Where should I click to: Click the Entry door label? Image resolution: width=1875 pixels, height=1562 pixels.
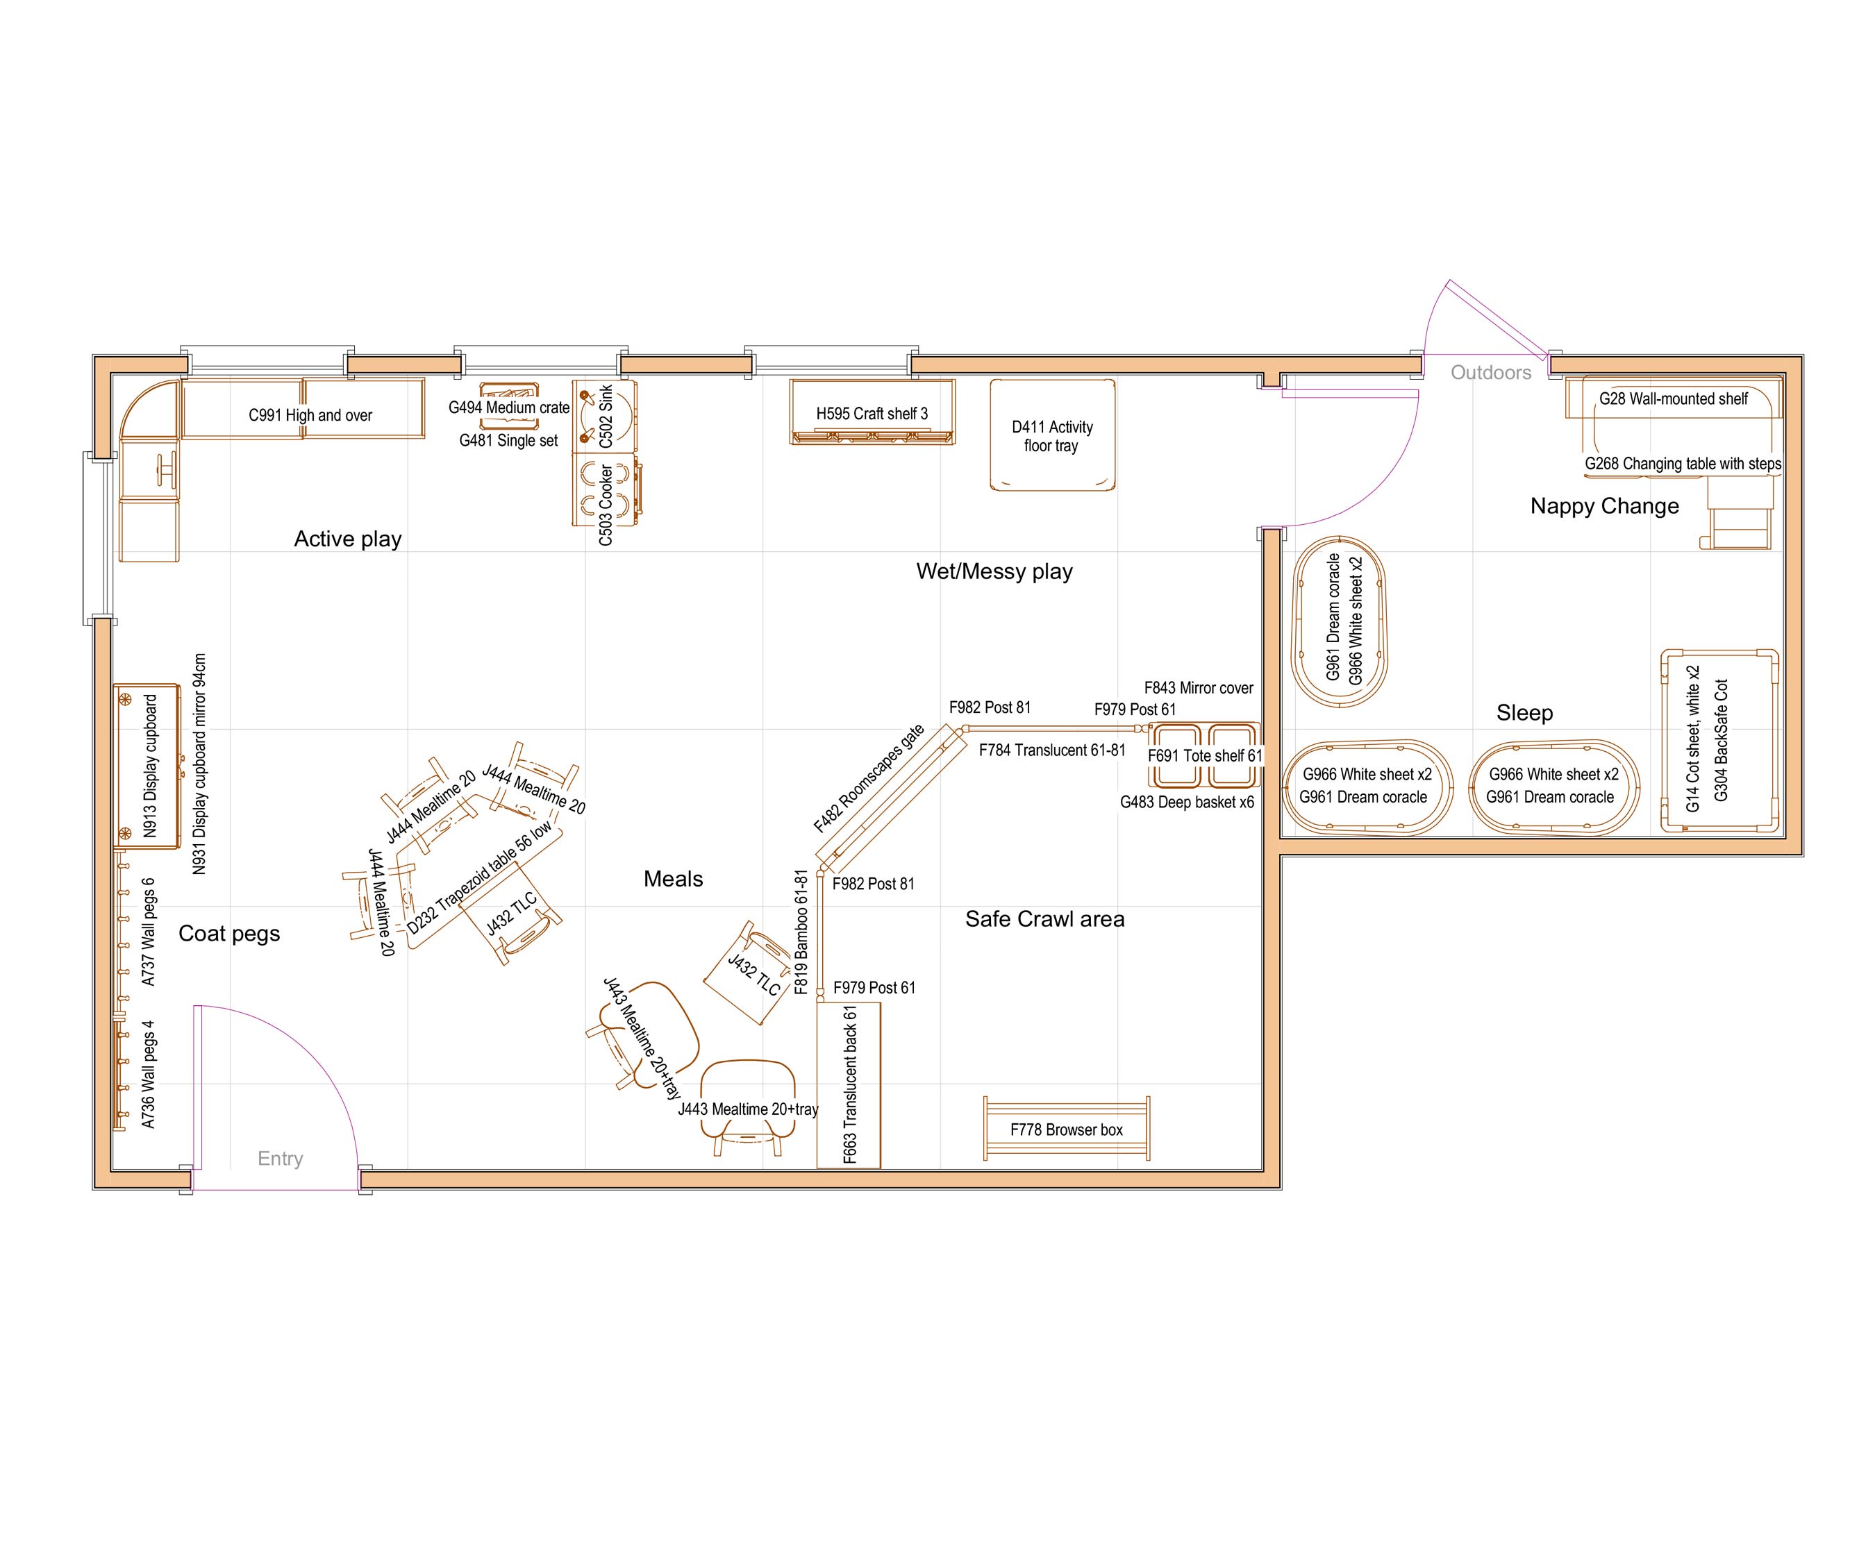[x=281, y=1159]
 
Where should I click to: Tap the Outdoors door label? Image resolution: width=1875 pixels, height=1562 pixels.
[x=1490, y=372]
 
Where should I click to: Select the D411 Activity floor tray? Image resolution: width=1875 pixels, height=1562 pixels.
[x=1052, y=435]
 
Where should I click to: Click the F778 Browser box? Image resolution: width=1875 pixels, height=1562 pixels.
[x=1066, y=1129]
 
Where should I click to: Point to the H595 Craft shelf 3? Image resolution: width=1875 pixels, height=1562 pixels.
[x=872, y=412]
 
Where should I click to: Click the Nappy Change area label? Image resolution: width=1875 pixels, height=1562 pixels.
[x=1604, y=506]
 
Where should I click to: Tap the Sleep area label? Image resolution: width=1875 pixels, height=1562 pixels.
[x=1524, y=712]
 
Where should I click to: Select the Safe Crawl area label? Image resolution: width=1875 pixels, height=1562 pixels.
[x=1044, y=918]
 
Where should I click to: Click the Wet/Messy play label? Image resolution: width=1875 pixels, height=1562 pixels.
[x=994, y=571]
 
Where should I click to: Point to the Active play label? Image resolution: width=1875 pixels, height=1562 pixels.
[x=347, y=539]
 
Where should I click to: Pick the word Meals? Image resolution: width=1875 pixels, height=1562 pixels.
[x=673, y=879]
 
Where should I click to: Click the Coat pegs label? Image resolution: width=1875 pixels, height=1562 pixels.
[x=229, y=934]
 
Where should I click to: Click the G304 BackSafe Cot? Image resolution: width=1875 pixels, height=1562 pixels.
[x=1719, y=741]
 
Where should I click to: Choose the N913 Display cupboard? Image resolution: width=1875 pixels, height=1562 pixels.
[x=148, y=766]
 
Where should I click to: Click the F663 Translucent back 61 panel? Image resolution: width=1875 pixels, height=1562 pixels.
[x=849, y=1084]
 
